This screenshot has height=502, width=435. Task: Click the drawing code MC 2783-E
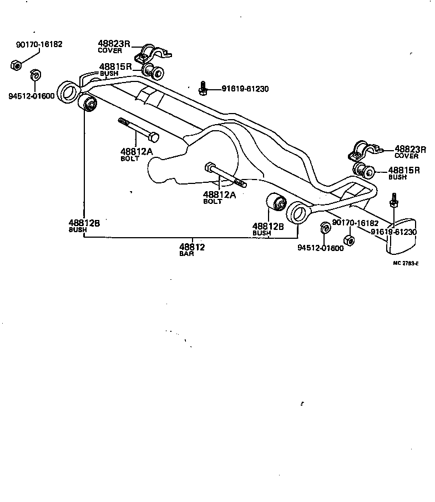(406, 263)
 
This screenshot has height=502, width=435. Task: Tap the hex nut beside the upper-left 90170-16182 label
(16, 66)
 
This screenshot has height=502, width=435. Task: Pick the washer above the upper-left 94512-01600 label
(34, 74)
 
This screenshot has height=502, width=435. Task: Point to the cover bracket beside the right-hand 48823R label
(362, 150)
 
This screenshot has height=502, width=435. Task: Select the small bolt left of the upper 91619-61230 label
(204, 87)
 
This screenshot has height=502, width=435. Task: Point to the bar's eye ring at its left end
(70, 92)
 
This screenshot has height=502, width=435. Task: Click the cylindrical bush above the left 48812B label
(89, 104)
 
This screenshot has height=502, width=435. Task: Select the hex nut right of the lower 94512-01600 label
(350, 240)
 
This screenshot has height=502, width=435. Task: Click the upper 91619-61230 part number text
(245, 89)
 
